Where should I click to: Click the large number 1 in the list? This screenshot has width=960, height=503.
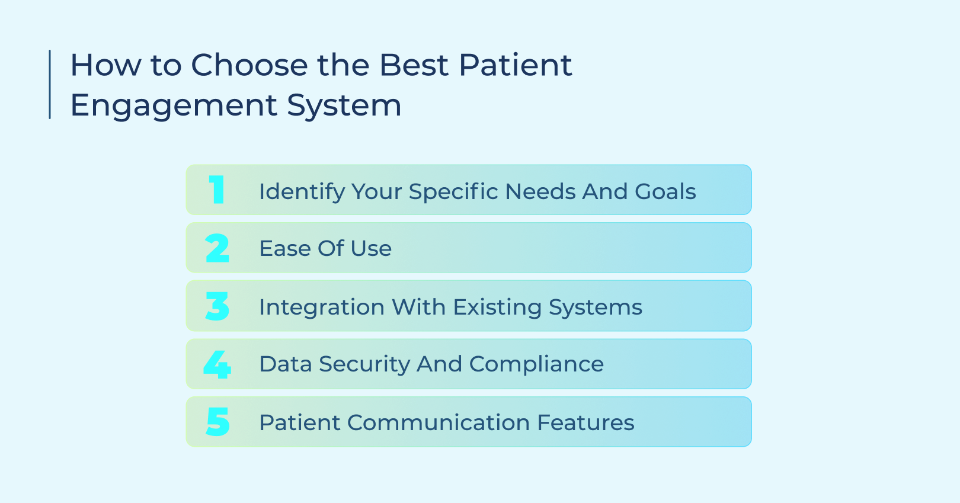coord(217,190)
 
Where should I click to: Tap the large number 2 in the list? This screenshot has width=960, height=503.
coord(217,248)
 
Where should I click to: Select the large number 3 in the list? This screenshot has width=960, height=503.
coord(217,306)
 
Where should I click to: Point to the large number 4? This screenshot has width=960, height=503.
coord(217,364)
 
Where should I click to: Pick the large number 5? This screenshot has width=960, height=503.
coord(217,422)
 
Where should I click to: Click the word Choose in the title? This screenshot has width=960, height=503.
coord(249,65)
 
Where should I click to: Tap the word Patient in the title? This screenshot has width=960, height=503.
coord(515,65)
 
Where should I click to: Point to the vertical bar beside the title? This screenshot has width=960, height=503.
coord(50,84)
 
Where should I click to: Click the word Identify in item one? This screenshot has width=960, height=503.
coord(302,192)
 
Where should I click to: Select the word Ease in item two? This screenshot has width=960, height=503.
coord(285,248)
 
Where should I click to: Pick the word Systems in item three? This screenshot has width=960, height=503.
coord(595,307)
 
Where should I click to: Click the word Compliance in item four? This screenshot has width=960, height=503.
coord(536,364)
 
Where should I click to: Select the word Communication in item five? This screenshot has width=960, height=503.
coord(438,422)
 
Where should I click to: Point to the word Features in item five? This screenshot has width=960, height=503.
coord(585,422)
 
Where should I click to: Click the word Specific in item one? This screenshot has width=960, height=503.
coord(453,192)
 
